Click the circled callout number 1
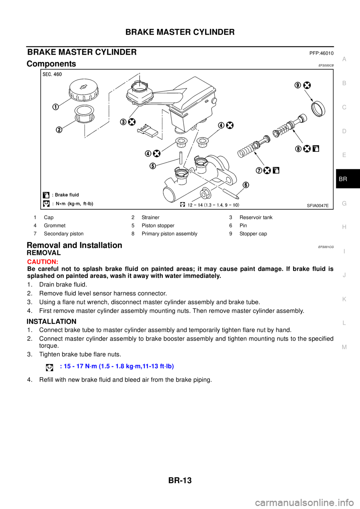tap(55, 107)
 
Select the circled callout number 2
tap(59, 130)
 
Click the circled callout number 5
tap(153, 166)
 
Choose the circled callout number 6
tap(246, 184)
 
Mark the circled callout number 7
tap(259, 170)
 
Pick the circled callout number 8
tap(298, 148)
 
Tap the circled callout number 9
tap(298, 85)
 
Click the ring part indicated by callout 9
tap(319, 108)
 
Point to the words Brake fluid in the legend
tap(67, 195)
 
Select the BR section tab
tap(343, 179)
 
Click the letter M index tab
tap(344, 347)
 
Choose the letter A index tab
tap(344, 59)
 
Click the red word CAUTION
tap(42, 262)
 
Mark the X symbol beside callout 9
tap(307, 85)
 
